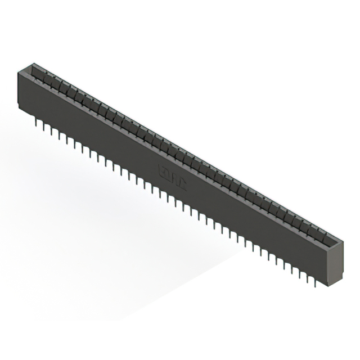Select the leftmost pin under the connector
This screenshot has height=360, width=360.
(37, 120)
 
